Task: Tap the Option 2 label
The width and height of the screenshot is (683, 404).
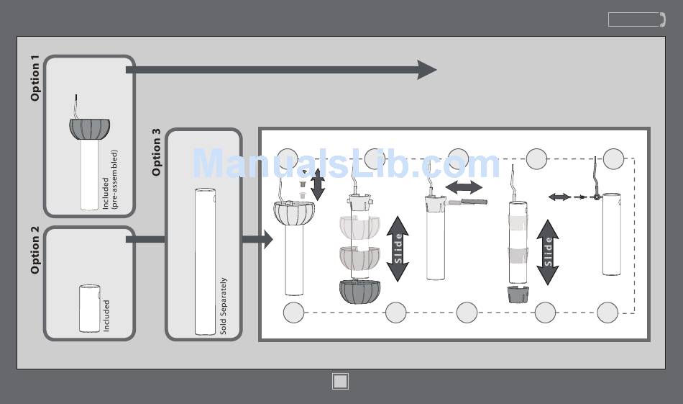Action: pos(36,250)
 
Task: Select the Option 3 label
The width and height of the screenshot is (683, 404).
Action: pos(157,152)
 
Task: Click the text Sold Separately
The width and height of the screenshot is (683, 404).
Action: pos(223,306)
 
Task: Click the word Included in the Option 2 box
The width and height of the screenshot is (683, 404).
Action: pos(106,316)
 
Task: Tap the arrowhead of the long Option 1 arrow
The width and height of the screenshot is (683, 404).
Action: pos(427,70)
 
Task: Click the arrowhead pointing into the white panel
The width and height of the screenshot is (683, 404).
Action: pos(267,239)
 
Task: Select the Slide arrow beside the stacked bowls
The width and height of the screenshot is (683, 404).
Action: pos(398,248)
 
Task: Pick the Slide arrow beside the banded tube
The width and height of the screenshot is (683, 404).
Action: pos(548,252)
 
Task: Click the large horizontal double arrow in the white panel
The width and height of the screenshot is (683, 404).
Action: pos(464,187)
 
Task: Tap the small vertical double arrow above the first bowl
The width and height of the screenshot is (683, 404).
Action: pos(318,185)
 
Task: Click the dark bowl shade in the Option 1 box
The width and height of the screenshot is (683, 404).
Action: pos(90,129)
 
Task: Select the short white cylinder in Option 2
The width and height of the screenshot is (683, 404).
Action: pos(90,308)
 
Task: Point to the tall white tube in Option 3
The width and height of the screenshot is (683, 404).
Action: pos(205,261)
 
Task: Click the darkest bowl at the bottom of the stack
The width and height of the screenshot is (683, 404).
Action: pos(359,292)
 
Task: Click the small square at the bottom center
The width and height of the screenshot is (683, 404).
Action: pos(341,381)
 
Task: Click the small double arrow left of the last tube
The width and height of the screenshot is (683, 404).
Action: pos(559,197)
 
